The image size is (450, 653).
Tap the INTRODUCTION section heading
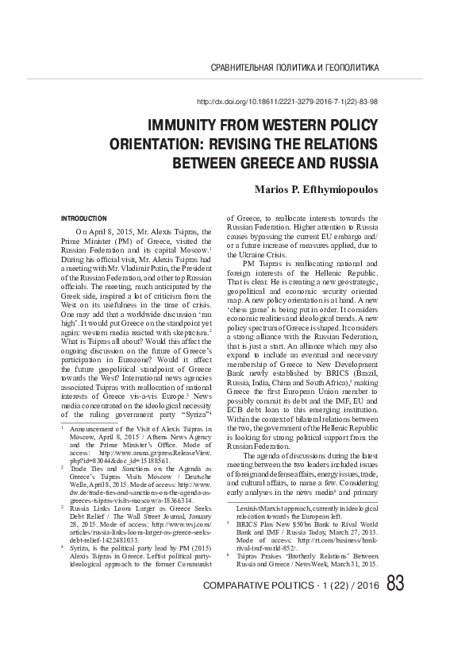(84, 217)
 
